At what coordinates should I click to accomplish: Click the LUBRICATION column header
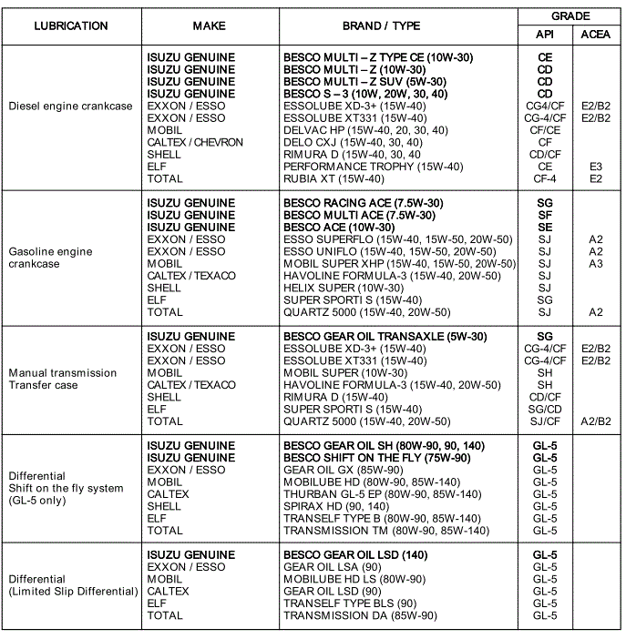tap(70, 25)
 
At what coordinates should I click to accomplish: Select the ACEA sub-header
tap(596, 35)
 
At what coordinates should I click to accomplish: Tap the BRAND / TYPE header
tap(397, 25)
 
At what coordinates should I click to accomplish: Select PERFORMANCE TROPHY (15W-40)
tap(373, 167)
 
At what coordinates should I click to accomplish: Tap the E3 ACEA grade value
tap(596, 167)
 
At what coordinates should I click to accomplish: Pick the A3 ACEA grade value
tap(596, 263)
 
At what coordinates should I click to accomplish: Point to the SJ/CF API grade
tap(545, 421)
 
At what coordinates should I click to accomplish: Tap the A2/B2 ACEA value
tap(596, 421)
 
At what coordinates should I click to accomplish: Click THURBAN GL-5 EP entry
tap(382, 494)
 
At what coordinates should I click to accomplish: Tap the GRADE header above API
tap(570, 16)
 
